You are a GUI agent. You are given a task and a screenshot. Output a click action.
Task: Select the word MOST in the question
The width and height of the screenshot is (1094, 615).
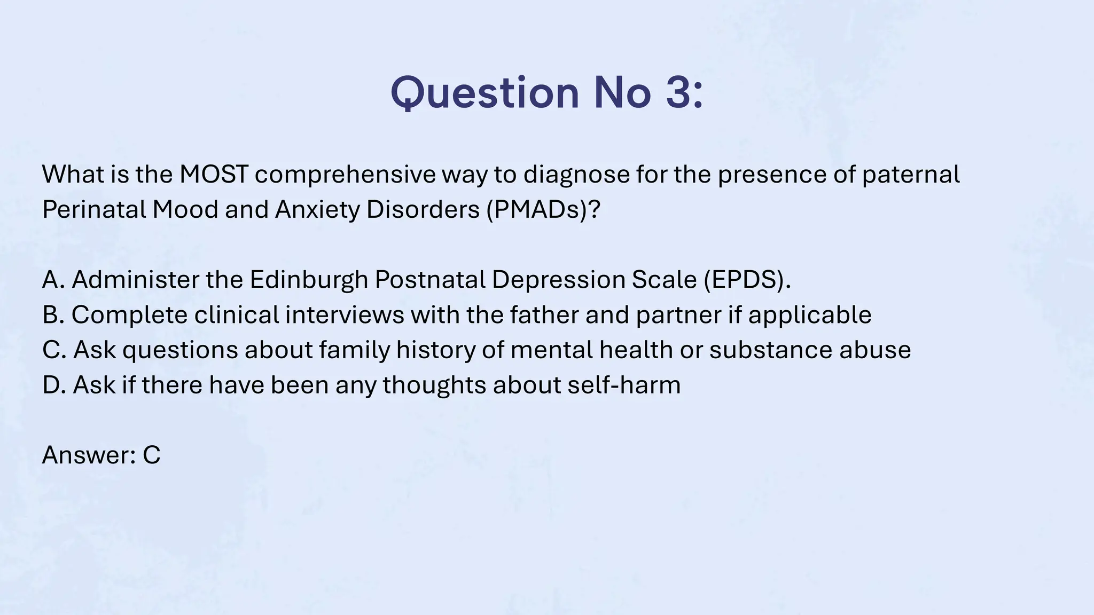[x=214, y=174]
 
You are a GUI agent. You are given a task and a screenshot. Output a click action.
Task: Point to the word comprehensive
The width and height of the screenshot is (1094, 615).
[x=345, y=174]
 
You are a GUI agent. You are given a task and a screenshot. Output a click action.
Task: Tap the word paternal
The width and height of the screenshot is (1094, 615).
[x=911, y=174]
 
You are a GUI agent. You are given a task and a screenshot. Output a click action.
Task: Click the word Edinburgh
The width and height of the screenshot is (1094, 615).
[x=309, y=279]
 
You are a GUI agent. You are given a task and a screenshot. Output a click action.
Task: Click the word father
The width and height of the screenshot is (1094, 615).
[x=544, y=314]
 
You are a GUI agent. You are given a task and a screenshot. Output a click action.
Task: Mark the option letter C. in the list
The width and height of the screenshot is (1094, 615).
[x=53, y=350]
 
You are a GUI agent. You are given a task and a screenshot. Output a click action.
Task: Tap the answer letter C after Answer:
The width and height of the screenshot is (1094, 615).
[x=152, y=455]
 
